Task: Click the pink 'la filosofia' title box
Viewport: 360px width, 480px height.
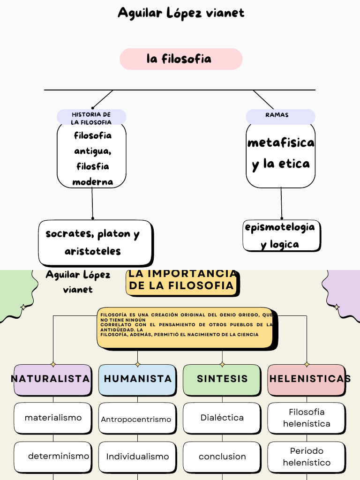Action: point(181,59)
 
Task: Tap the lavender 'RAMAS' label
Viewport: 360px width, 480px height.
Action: point(280,116)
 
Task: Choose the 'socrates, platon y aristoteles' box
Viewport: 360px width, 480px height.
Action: point(95,242)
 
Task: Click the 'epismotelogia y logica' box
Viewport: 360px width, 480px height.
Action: point(281,235)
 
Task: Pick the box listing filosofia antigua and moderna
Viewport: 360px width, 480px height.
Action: point(92,157)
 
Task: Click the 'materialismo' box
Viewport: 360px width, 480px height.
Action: point(52,418)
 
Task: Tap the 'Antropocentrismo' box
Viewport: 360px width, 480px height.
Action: point(136,419)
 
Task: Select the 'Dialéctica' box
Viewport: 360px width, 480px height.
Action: point(222,418)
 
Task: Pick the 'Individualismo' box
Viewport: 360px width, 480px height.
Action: point(137,457)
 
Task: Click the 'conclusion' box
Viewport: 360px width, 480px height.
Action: point(222,457)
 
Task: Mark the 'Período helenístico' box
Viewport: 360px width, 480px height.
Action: point(307,457)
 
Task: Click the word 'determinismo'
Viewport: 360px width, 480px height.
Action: point(59,456)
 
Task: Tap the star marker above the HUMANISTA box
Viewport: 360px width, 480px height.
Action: point(137,364)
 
